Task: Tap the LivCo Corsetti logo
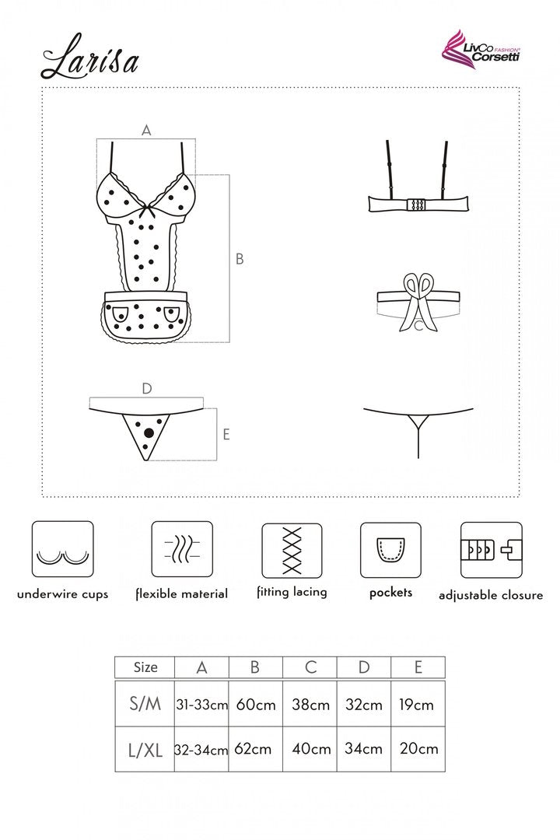480,47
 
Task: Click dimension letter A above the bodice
146,130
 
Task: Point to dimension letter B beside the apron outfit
240,259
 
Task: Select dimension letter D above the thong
147,388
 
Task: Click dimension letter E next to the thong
226,434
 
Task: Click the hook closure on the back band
417,205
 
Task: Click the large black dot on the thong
149,432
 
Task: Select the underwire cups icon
63,550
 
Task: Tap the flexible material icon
182,549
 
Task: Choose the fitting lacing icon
292,551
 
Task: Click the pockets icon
390,550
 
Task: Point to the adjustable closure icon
492,550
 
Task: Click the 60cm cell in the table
256,705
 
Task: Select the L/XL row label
145,750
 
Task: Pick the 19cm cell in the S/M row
416,705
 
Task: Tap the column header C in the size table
311,667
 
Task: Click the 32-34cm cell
201,750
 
